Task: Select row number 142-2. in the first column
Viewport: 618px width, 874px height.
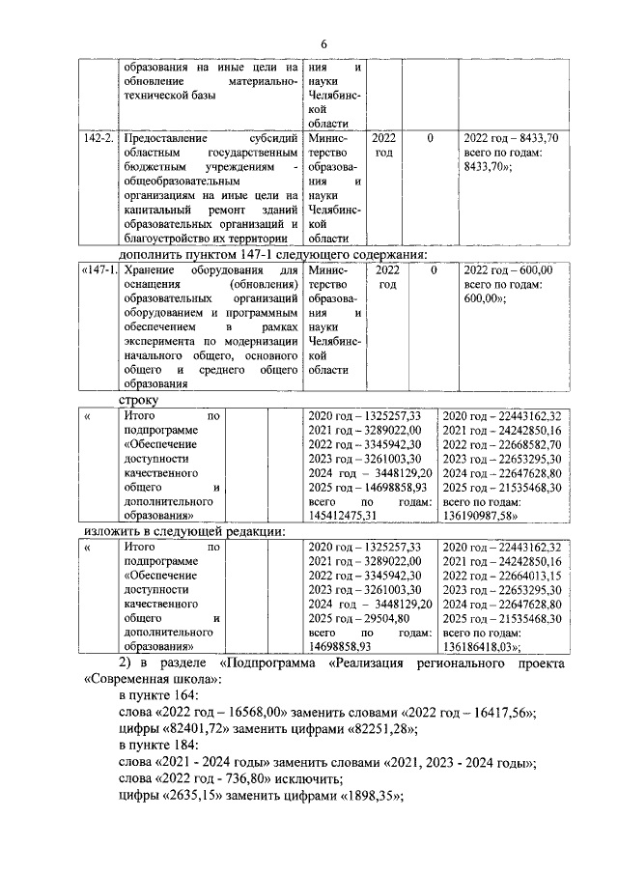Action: (97, 139)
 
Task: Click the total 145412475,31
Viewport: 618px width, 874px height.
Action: (342, 517)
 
